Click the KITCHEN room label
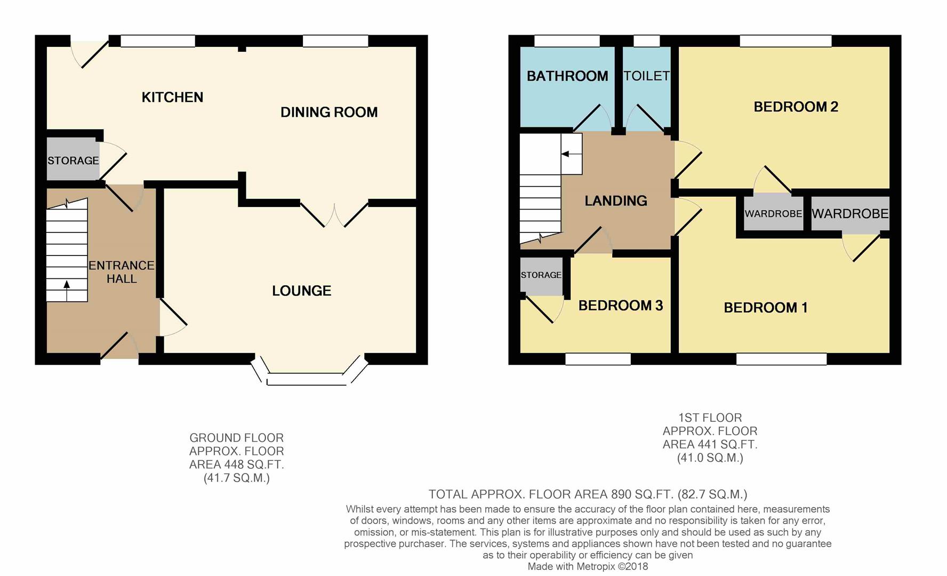pyautogui.click(x=172, y=97)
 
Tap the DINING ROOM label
pyautogui.click(x=329, y=112)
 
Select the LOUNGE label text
pyautogui.click(x=302, y=291)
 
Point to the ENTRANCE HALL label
pyautogui.click(x=122, y=272)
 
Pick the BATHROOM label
pyautogui.click(x=567, y=76)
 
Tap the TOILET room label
pyautogui.click(x=646, y=76)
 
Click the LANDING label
pyautogui.click(x=616, y=201)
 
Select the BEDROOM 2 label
pyautogui.click(x=796, y=107)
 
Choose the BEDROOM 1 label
pyautogui.click(x=765, y=308)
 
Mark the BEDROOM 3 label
pyautogui.click(x=621, y=306)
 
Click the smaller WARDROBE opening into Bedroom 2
pyautogui.click(x=773, y=213)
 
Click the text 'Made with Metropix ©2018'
pyautogui.click(x=588, y=566)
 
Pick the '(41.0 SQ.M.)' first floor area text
pyautogui.click(x=710, y=458)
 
